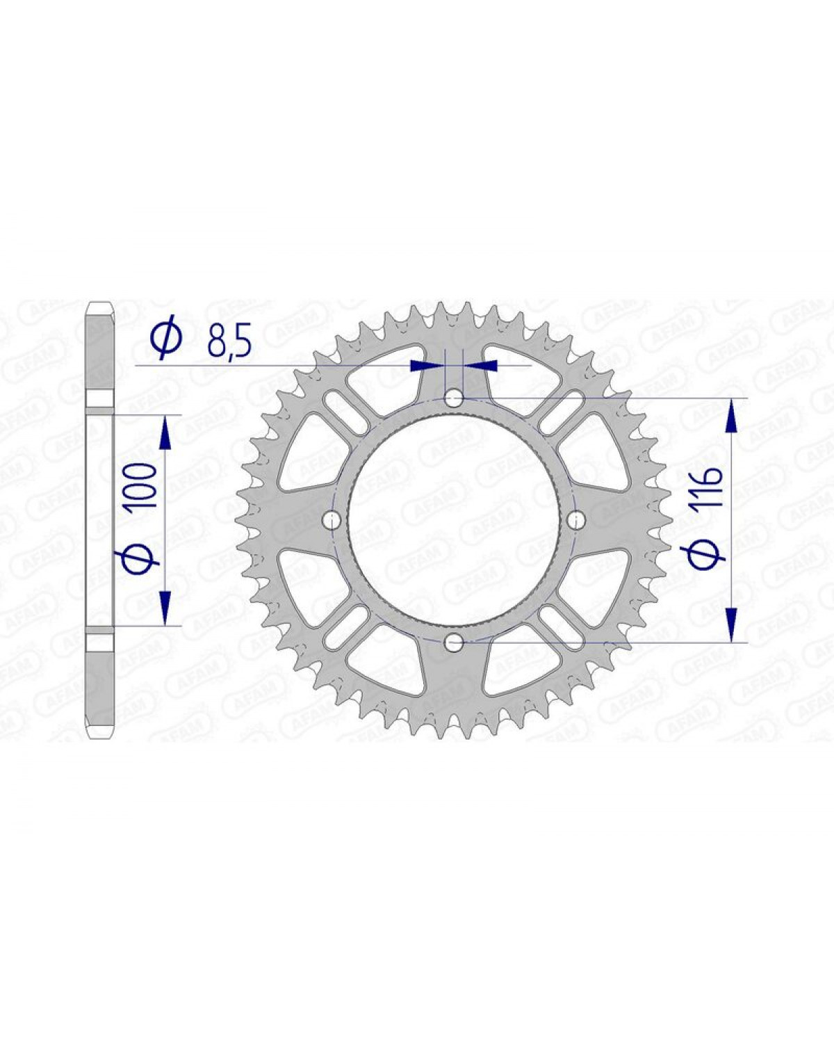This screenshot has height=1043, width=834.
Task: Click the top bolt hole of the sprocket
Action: tap(454, 398)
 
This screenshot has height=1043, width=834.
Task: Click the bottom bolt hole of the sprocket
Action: tap(454, 643)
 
